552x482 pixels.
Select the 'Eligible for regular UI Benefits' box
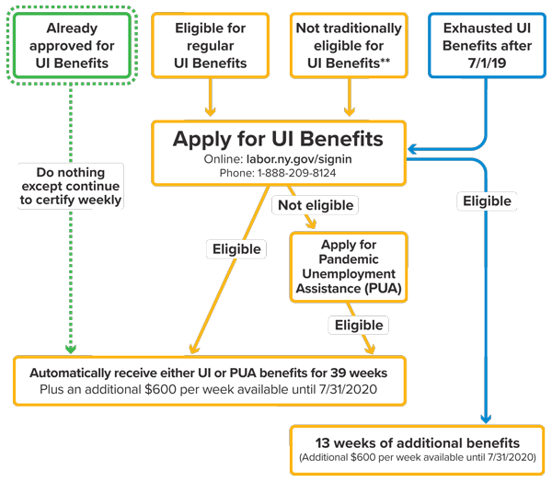(x=211, y=46)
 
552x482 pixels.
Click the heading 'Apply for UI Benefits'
(x=278, y=139)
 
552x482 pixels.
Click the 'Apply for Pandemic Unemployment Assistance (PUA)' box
(x=347, y=267)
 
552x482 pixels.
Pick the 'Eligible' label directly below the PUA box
(x=359, y=325)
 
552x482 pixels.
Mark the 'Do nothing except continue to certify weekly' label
(x=71, y=186)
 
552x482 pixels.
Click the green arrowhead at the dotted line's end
(x=71, y=349)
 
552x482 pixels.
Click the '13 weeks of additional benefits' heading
(x=418, y=442)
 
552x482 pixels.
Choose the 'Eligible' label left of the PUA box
(x=236, y=248)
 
